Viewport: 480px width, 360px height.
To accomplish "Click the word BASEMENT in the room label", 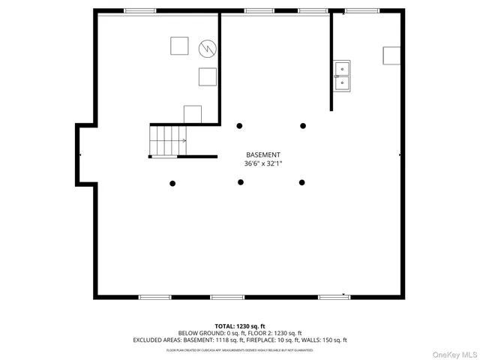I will pyautogui.click(x=262, y=154).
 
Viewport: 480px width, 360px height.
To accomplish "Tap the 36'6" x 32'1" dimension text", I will pyautogui.click(x=262, y=163).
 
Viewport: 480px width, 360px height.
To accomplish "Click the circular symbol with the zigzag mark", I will pyautogui.click(x=207, y=49).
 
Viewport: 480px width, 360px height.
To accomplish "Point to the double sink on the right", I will pyautogui.click(x=342, y=76).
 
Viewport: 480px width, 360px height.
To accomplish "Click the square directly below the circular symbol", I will pyautogui.click(x=207, y=76).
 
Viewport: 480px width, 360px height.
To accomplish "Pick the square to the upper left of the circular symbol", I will pyautogui.click(x=179, y=46).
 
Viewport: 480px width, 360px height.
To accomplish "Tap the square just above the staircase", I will pyautogui.click(x=193, y=114).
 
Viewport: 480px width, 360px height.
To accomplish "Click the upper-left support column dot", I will pyautogui.click(x=240, y=126).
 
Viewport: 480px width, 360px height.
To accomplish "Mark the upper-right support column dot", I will pyautogui.click(x=303, y=126).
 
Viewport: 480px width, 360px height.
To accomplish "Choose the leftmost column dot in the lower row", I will pyautogui.click(x=172, y=183).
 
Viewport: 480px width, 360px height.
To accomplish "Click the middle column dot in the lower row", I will pyautogui.click(x=241, y=182).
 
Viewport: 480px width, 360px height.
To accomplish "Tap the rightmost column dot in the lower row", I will pyautogui.click(x=302, y=182).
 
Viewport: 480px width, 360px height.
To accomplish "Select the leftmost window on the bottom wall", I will pyautogui.click(x=155, y=297).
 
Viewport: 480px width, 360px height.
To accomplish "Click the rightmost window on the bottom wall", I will pyautogui.click(x=334, y=297).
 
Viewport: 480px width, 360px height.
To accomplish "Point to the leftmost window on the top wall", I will pyautogui.click(x=139, y=11).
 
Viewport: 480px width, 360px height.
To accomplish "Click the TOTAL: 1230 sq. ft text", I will pyautogui.click(x=240, y=326).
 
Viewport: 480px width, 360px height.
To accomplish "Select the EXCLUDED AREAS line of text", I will pyautogui.click(x=240, y=340).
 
